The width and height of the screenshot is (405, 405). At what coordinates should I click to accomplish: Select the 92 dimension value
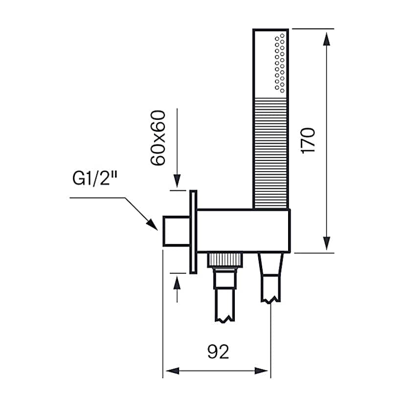point(218,351)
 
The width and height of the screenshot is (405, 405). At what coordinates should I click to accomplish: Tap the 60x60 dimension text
point(158,138)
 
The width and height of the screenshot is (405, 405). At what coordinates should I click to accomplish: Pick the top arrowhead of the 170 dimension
point(327,36)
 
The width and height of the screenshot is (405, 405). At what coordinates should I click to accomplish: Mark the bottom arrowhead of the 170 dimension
point(327,246)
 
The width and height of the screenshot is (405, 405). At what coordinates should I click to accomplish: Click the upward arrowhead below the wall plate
point(177,281)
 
